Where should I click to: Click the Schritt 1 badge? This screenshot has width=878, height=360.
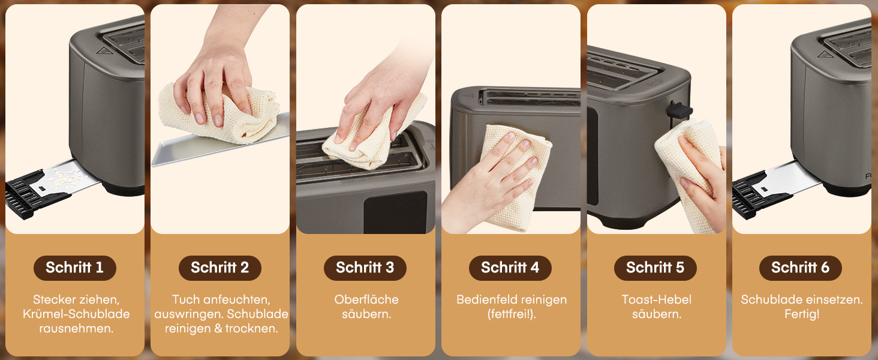75,268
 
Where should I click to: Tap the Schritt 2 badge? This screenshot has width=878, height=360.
220,268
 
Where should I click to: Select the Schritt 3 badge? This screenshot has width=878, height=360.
365,268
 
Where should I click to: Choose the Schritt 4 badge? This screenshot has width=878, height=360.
510,268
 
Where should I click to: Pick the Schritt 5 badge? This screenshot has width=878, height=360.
656,268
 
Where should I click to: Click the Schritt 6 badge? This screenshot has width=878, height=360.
801,268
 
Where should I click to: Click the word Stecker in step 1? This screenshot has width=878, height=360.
54,299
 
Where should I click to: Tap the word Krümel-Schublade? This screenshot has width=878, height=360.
76,314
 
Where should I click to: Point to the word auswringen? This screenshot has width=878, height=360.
188,314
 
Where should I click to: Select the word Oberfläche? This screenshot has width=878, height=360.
366,299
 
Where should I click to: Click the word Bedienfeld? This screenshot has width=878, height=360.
485,299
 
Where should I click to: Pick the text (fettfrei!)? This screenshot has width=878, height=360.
512,314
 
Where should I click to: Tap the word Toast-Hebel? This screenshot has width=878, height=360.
657,299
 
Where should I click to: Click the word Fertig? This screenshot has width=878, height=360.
802,314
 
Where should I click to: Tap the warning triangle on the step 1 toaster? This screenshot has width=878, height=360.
103,51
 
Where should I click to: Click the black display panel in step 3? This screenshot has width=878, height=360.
395,212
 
